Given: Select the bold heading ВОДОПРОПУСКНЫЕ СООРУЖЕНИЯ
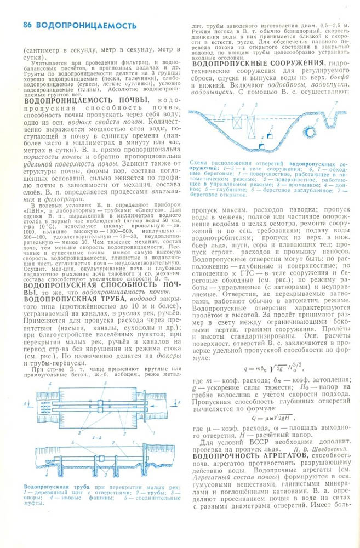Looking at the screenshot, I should point(258,65).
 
